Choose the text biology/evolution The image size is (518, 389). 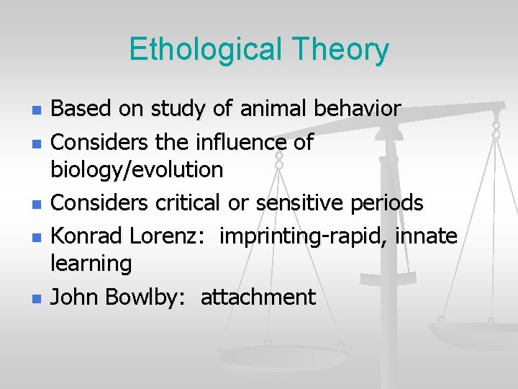[137, 170]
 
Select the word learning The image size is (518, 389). [91, 264]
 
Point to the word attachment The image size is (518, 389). [258, 296]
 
